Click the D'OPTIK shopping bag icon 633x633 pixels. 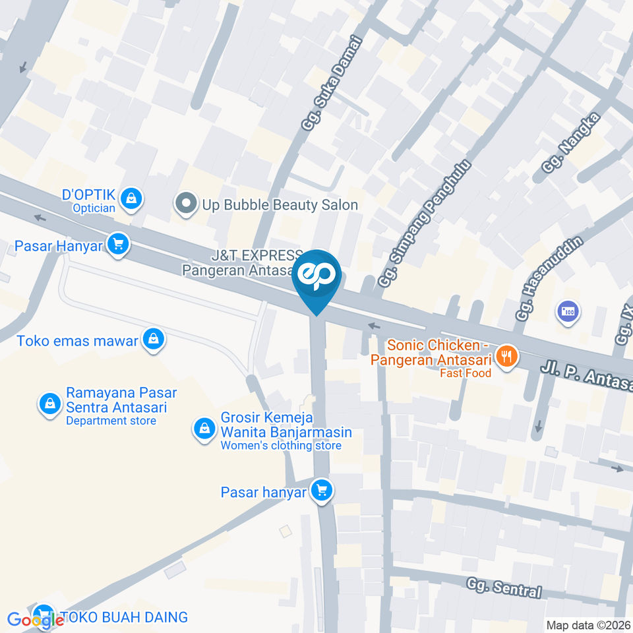tap(133, 198)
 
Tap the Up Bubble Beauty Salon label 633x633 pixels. tap(280, 204)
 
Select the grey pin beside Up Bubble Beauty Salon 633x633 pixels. tap(187, 204)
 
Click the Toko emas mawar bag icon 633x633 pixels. tap(154, 340)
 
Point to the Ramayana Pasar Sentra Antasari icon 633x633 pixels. tap(49, 404)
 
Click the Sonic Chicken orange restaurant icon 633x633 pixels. tap(506, 357)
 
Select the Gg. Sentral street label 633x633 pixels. tap(504, 586)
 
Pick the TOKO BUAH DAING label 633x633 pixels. tap(125, 617)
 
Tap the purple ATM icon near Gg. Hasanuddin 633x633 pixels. tap(568, 312)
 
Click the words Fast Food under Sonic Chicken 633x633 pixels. tap(466, 373)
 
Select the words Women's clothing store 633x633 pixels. tap(281, 446)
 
